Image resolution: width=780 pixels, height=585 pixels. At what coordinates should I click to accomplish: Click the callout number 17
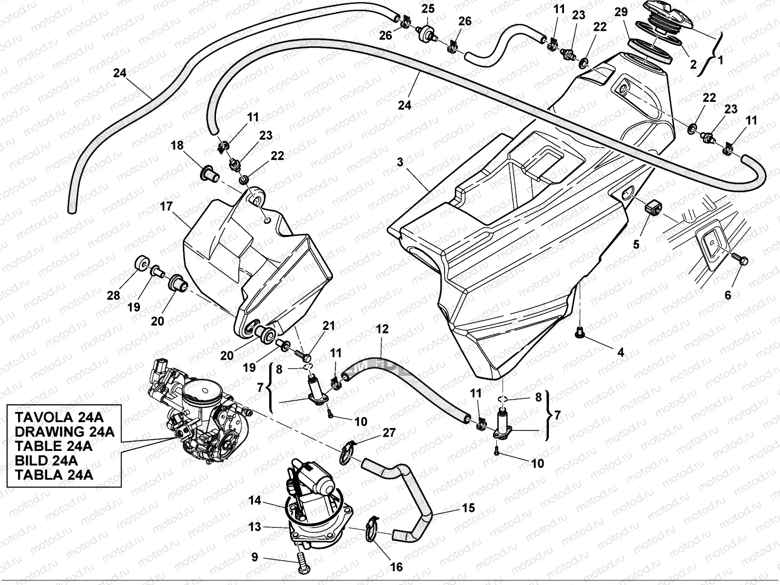pyautogui.click(x=166, y=206)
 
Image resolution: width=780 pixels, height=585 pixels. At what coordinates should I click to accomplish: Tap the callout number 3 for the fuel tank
pyautogui.click(x=400, y=162)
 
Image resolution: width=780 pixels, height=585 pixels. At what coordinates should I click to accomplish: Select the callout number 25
pyautogui.click(x=428, y=9)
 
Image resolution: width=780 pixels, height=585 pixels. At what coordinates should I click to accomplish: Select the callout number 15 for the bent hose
pyautogui.click(x=468, y=508)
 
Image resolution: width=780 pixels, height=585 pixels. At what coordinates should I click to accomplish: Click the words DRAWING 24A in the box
pyautogui.click(x=64, y=431)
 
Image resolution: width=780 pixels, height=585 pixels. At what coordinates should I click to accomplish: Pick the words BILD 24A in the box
pyautogui.click(x=46, y=460)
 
